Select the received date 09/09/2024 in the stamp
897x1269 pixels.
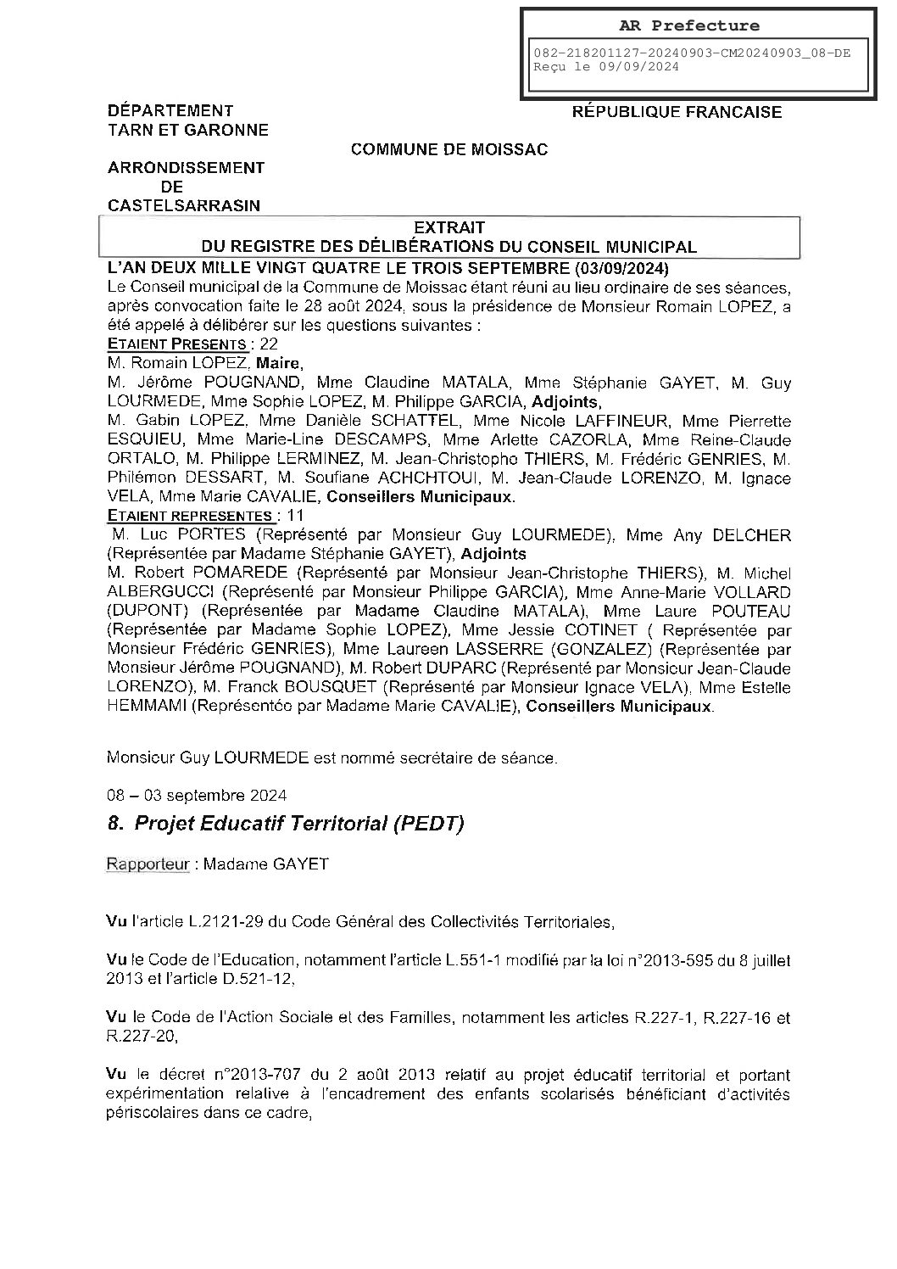[641, 67]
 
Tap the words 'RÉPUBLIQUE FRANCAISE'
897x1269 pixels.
[677, 112]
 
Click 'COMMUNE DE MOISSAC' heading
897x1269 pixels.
[449, 149]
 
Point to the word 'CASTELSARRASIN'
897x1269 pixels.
[184, 205]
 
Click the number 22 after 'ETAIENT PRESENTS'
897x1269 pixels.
[269, 344]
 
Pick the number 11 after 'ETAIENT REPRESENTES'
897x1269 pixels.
[292, 515]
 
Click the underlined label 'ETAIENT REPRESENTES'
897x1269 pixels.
[190, 515]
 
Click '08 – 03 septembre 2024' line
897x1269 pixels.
[197, 796]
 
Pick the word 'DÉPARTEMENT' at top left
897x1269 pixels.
[170, 110]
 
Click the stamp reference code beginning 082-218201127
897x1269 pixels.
[691, 53]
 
